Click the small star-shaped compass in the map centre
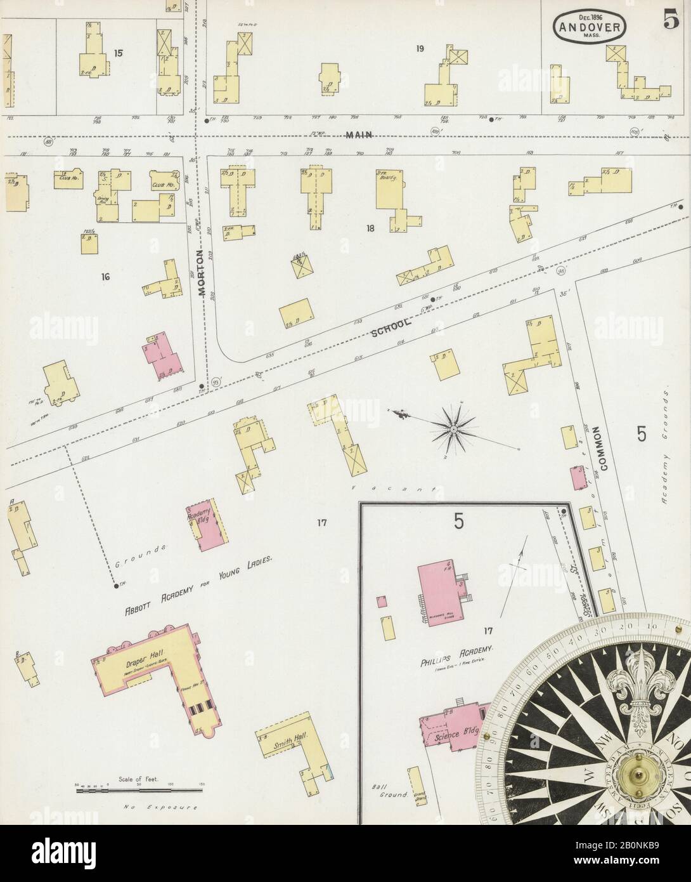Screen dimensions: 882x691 (x=455, y=430)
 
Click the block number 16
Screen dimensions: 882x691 (x=105, y=277)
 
